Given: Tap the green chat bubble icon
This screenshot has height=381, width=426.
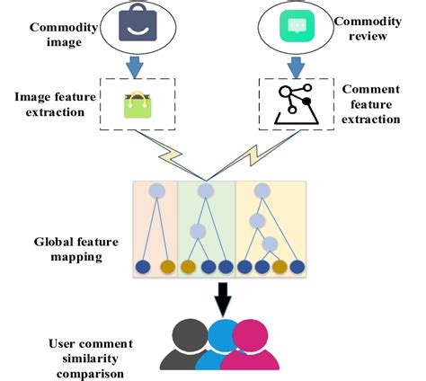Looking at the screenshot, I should pyautogui.click(x=295, y=26).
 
